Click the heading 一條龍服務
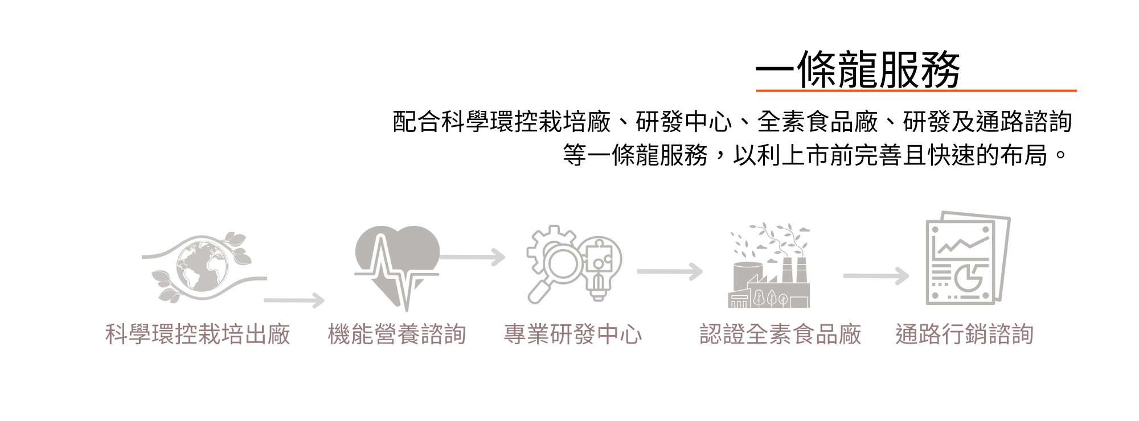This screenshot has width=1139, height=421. click(x=858, y=69)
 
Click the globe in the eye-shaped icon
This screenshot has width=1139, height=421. click(x=202, y=266)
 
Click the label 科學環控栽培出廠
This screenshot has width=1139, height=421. click(x=198, y=335)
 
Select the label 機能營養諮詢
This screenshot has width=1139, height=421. click(x=397, y=335)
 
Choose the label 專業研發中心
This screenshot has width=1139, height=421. click(x=573, y=335)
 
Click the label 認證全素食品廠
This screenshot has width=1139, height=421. click(x=780, y=335)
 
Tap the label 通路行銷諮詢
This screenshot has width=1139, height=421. click(x=964, y=335)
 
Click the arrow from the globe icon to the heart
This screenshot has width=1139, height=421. click(x=294, y=300)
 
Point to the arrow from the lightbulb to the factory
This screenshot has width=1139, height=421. click(x=670, y=272)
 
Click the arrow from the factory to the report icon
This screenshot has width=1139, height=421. click(x=876, y=276)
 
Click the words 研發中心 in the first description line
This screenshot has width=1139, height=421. click(x=683, y=122)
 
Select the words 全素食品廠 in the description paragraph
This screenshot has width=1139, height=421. click(x=817, y=122)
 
